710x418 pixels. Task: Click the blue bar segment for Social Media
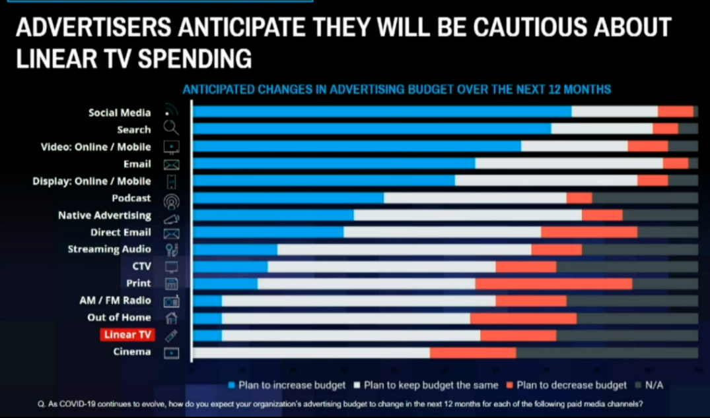pyautogui.click(x=382, y=112)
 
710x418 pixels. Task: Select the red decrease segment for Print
pyautogui.click(x=553, y=284)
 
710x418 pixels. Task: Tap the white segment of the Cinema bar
pyautogui.click(x=311, y=352)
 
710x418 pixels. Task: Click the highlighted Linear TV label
pyautogui.click(x=128, y=335)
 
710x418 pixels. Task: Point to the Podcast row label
pyautogui.click(x=131, y=198)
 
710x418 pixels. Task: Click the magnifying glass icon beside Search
pyautogui.click(x=171, y=129)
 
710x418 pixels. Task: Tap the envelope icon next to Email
pyautogui.click(x=171, y=164)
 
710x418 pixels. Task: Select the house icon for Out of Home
pyautogui.click(x=171, y=318)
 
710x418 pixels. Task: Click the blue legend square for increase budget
pyautogui.click(x=231, y=385)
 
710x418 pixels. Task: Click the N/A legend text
pyautogui.click(x=654, y=385)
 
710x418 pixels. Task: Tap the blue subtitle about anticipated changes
pyautogui.click(x=396, y=89)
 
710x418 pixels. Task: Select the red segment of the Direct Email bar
pyautogui.click(x=589, y=232)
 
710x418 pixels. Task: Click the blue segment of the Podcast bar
pyautogui.click(x=288, y=198)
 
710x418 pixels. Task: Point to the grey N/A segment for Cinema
pyautogui.click(x=606, y=352)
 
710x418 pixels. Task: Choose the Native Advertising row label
pyautogui.click(x=104, y=215)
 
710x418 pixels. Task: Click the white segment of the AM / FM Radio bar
pyautogui.click(x=359, y=301)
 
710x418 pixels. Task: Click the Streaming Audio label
pyautogui.click(x=109, y=249)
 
